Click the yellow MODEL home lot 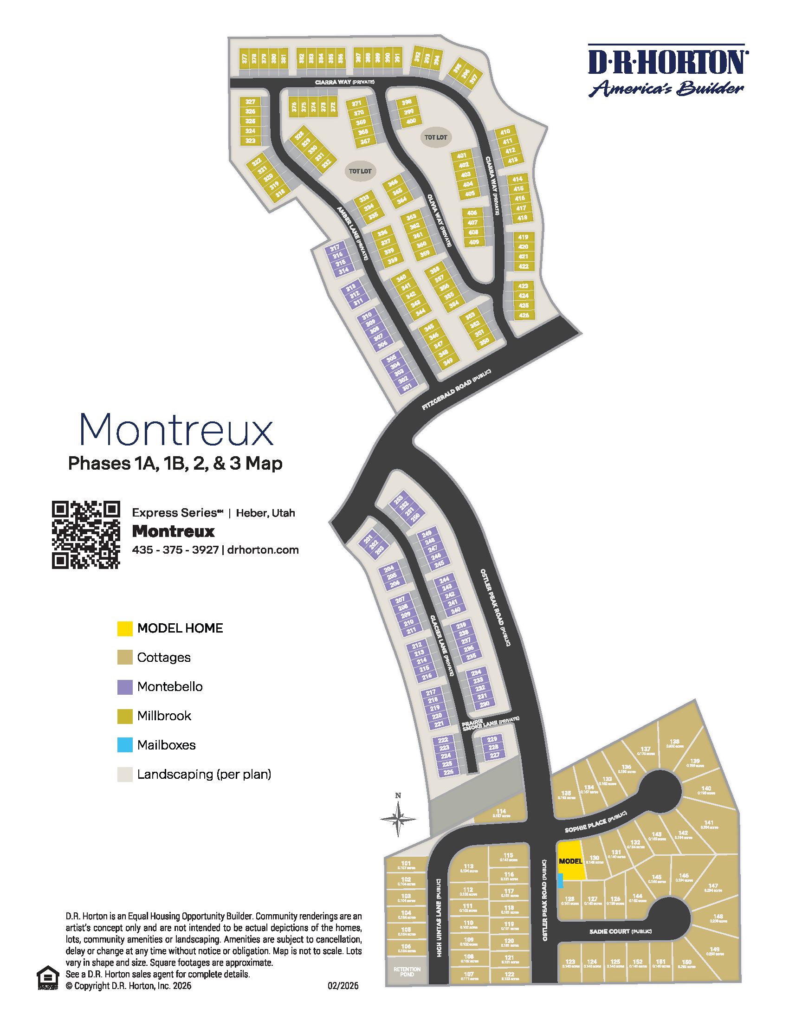(571, 860)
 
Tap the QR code (85, 534)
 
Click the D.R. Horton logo (667, 70)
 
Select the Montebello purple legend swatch (125, 687)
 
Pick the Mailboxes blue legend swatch (125, 745)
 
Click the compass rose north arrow (398, 818)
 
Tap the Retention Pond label (407, 972)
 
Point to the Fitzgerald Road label (456, 389)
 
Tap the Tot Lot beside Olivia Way (436, 137)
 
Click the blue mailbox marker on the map (561, 881)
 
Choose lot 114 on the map (501, 813)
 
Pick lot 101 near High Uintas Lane (406, 865)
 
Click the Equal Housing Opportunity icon (48, 977)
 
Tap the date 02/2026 (343, 986)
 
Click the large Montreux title (176, 430)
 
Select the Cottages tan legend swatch (125, 657)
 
